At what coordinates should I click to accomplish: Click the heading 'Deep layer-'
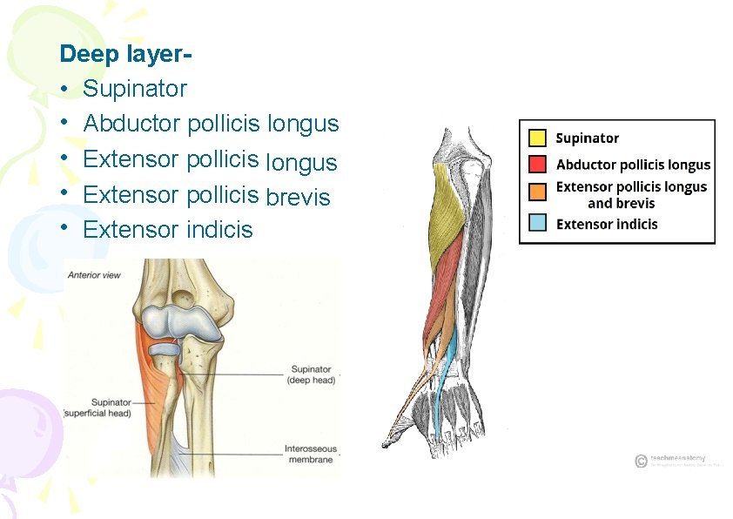[125, 54]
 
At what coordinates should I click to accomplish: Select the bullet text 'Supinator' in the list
[135, 89]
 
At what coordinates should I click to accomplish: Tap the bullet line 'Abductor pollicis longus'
[211, 124]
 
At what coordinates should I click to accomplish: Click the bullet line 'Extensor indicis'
[168, 230]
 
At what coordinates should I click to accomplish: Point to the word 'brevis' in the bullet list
[298, 197]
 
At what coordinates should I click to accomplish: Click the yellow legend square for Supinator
[538, 138]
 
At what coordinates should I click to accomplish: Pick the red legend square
[538, 164]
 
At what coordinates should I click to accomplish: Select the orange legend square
[538, 188]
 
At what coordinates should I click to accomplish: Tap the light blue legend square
[538, 223]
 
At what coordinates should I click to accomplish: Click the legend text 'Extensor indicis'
[607, 224]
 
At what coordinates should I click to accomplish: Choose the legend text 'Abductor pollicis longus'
[633, 165]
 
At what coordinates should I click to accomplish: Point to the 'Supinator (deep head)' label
[311, 374]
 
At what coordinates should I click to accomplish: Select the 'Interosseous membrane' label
[310, 455]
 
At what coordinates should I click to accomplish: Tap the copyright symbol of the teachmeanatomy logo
[641, 461]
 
